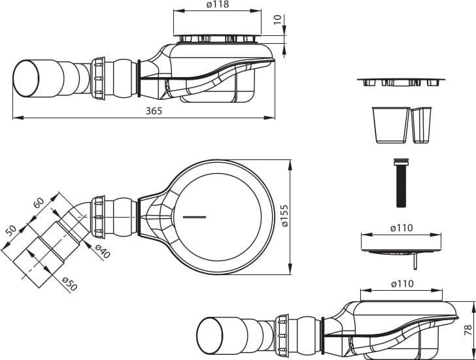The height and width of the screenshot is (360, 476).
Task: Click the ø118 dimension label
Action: (x=217, y=5)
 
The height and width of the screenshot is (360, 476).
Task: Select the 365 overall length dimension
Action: (x=154, y=111)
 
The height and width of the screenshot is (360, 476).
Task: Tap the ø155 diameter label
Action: (x=285, y=216)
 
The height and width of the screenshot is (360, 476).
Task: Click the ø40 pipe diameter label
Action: (x=102, y=252)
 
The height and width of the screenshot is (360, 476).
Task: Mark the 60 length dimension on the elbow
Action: (x=39, y=203)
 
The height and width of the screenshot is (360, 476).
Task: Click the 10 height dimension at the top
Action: (x=278, y=20)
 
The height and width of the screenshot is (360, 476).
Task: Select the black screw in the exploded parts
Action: (x=401, y=183)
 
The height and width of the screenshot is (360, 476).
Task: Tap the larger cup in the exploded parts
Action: (x=391, y=125)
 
